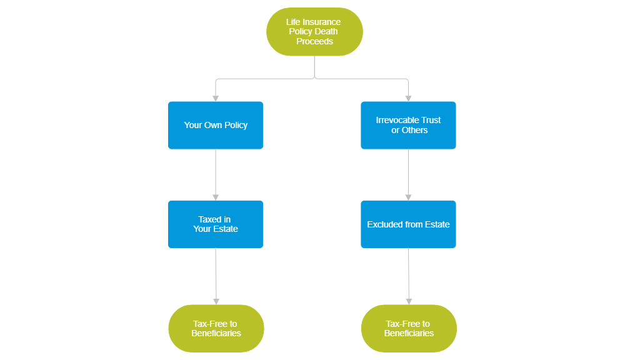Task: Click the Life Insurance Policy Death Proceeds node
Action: (x=314, y=31)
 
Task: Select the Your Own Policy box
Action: (x=216, y=125)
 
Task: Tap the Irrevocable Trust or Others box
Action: (x=408, y=125)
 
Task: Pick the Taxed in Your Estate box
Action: (x=216, y=224)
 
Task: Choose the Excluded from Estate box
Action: (x=408, y=224)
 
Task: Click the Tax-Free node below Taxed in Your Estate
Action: (x=216, y=328)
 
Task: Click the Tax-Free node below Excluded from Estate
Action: (x=409, y=328)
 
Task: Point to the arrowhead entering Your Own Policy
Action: (x=216, y=97)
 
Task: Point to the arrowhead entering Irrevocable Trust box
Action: (x=408, y=97)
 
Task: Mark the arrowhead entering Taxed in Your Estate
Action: (x=216, y=196)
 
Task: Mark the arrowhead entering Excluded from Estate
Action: (x=408, y=196)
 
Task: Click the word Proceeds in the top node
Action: (x=314, y=41)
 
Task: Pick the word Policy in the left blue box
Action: (x=235, y=125)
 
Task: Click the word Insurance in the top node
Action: (x=322, y=22)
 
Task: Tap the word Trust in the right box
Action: (x=431, y=120)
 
